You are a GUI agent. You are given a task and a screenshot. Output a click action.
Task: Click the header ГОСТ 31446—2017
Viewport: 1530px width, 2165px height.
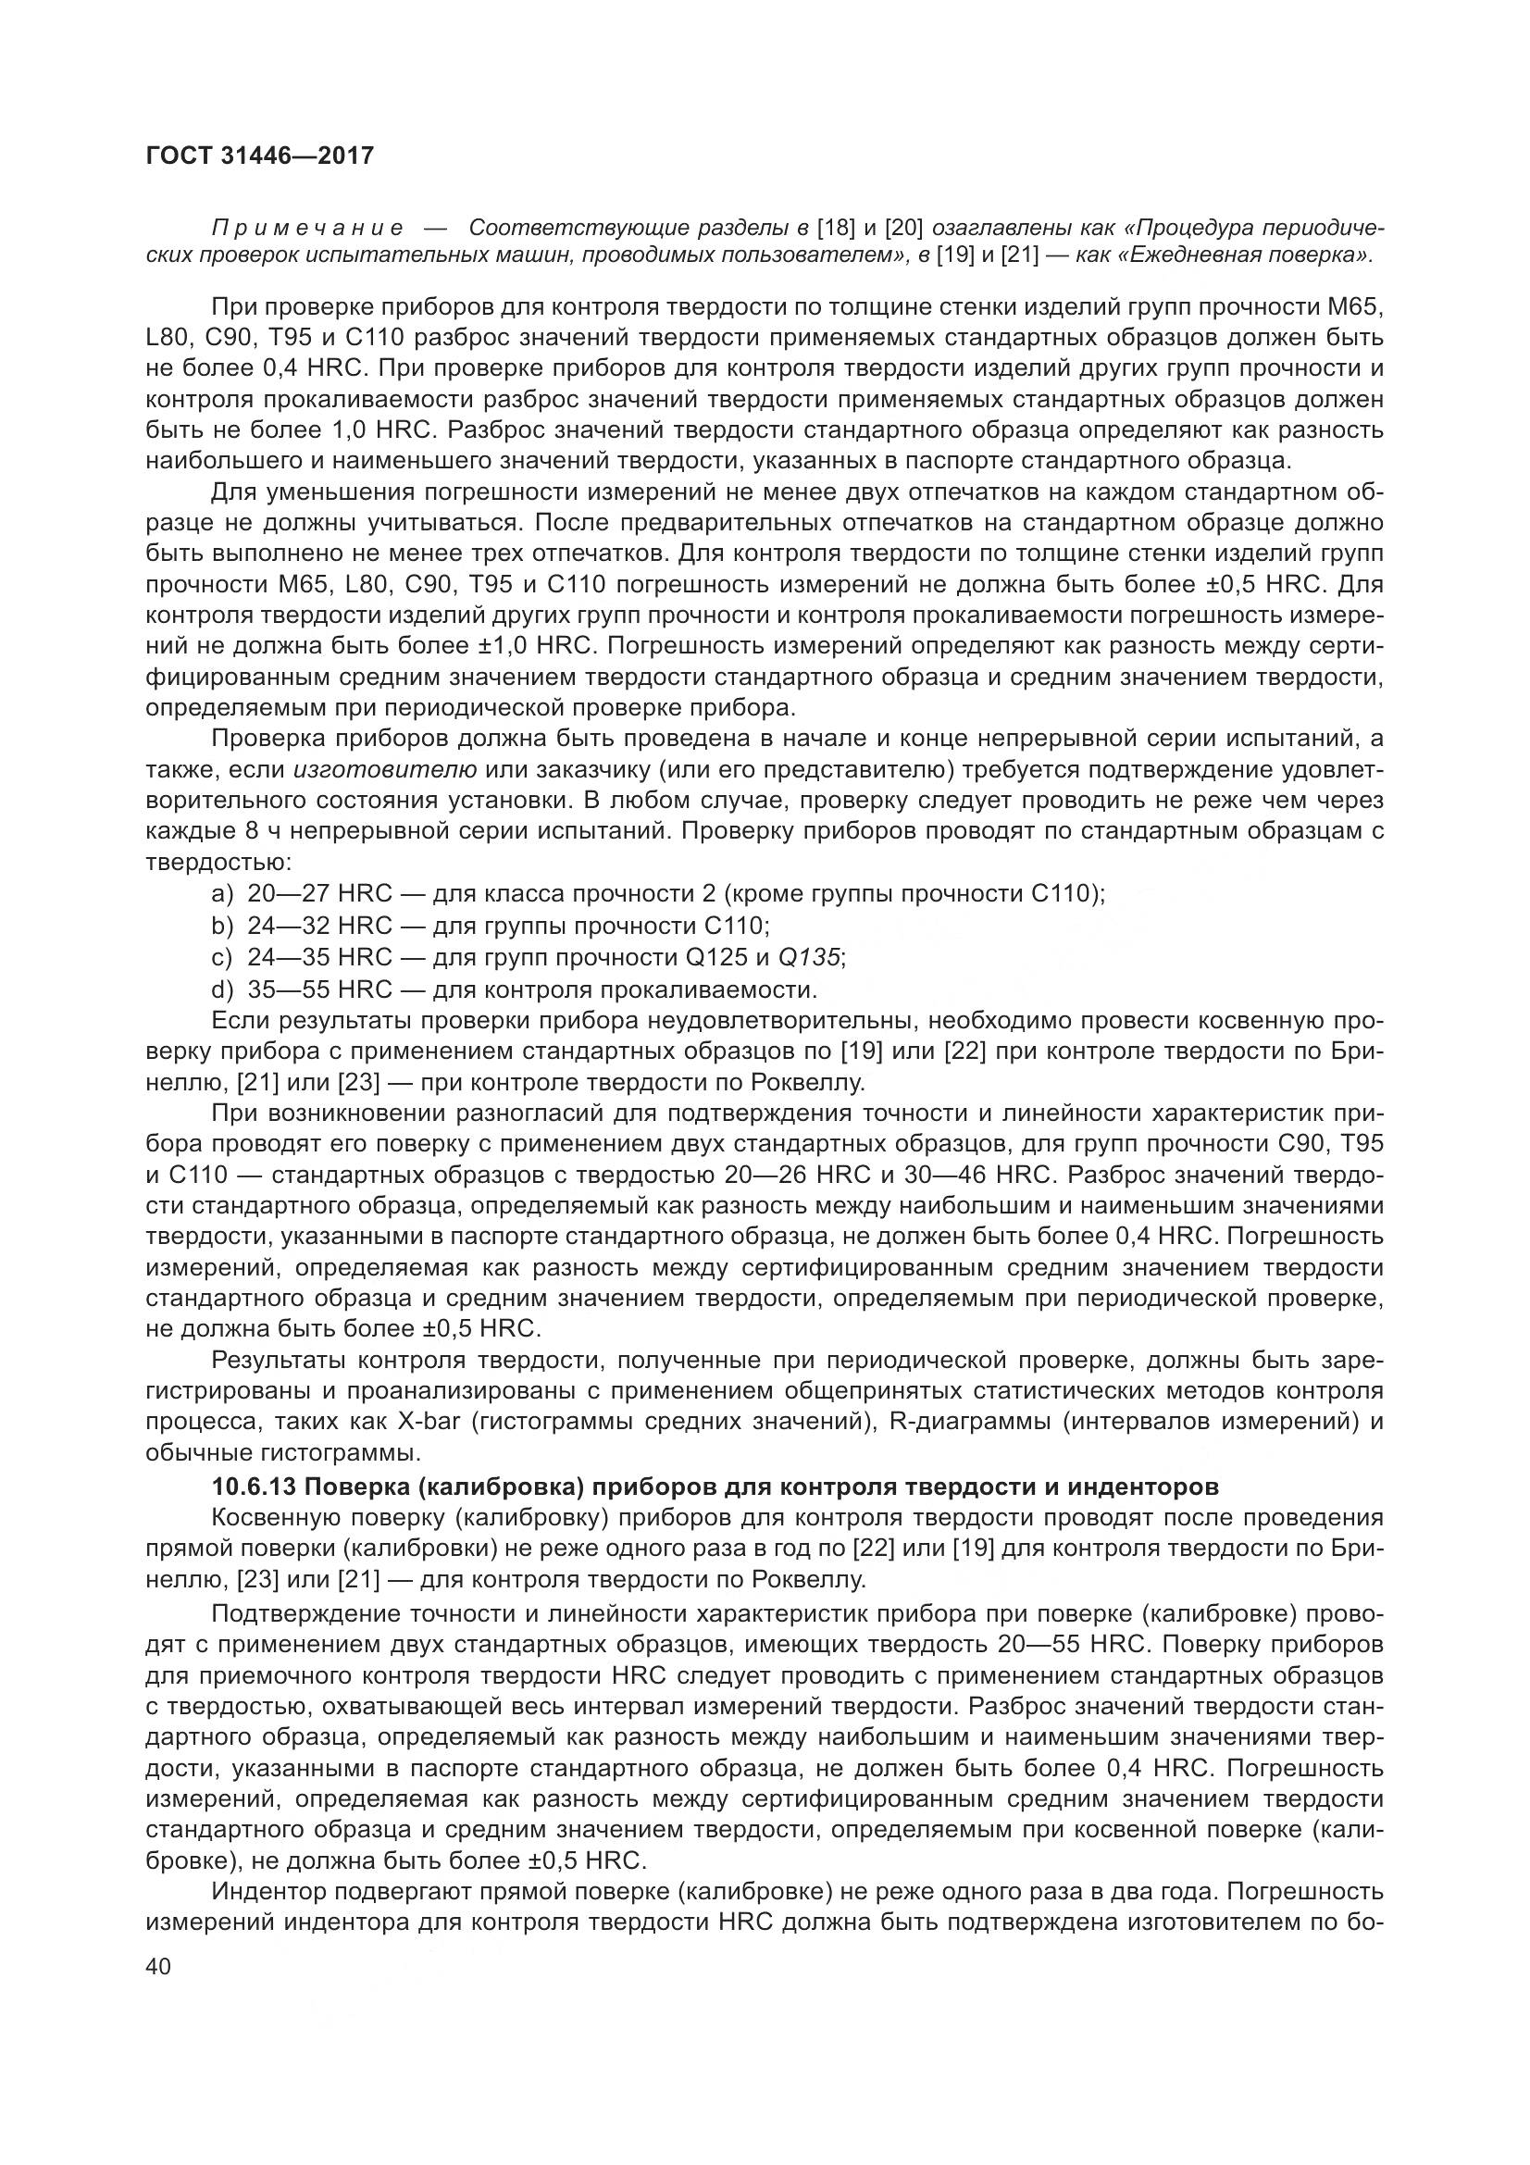click(260, 156)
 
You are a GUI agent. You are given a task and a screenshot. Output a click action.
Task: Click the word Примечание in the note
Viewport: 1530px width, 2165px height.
click(307, 229)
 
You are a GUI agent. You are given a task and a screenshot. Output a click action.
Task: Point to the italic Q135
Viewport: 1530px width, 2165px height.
click(809, 957)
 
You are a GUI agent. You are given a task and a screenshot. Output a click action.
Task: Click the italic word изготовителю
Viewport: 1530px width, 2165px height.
click(385, 769)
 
